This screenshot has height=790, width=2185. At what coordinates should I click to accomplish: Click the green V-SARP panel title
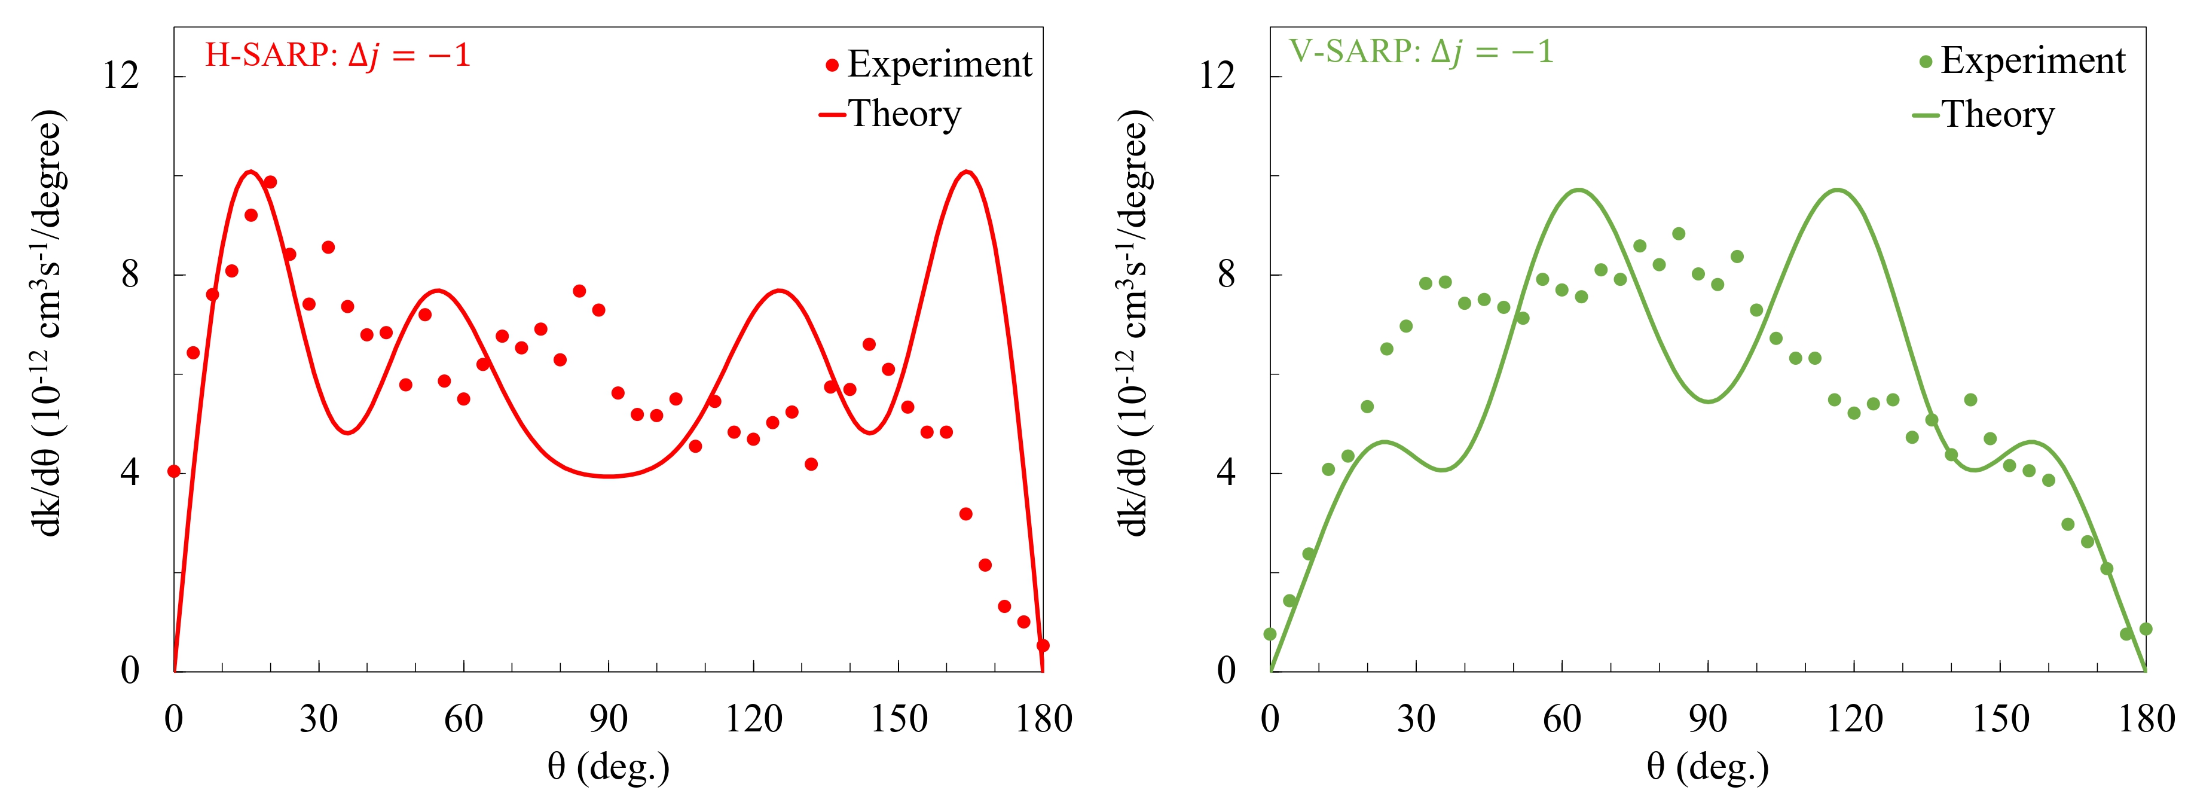[x=1422, y=53]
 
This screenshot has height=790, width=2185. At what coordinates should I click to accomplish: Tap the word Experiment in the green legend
[x=2033, y=61]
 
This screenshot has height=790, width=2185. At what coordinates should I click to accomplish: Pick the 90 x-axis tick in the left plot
[x=608, y=719]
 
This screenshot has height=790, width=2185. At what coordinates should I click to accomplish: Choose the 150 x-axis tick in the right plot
[x=2000, y=719]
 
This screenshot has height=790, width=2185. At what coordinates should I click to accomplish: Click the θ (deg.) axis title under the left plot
[x=608, y=767]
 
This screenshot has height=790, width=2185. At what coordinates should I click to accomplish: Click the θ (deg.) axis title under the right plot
[x=1707, y=767]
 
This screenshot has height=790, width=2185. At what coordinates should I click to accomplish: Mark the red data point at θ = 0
[x=174, y=471]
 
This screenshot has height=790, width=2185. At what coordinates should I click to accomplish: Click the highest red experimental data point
[x=270, y=182]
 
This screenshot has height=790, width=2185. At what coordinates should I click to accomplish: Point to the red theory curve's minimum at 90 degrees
[x=608, y=476]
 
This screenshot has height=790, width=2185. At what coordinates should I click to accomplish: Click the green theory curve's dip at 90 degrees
[x=1707, y=401]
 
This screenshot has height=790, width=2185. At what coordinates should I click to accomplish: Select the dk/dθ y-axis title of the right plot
[x=1133, y=322]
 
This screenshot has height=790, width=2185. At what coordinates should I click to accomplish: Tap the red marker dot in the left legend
[x=832, y=65]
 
